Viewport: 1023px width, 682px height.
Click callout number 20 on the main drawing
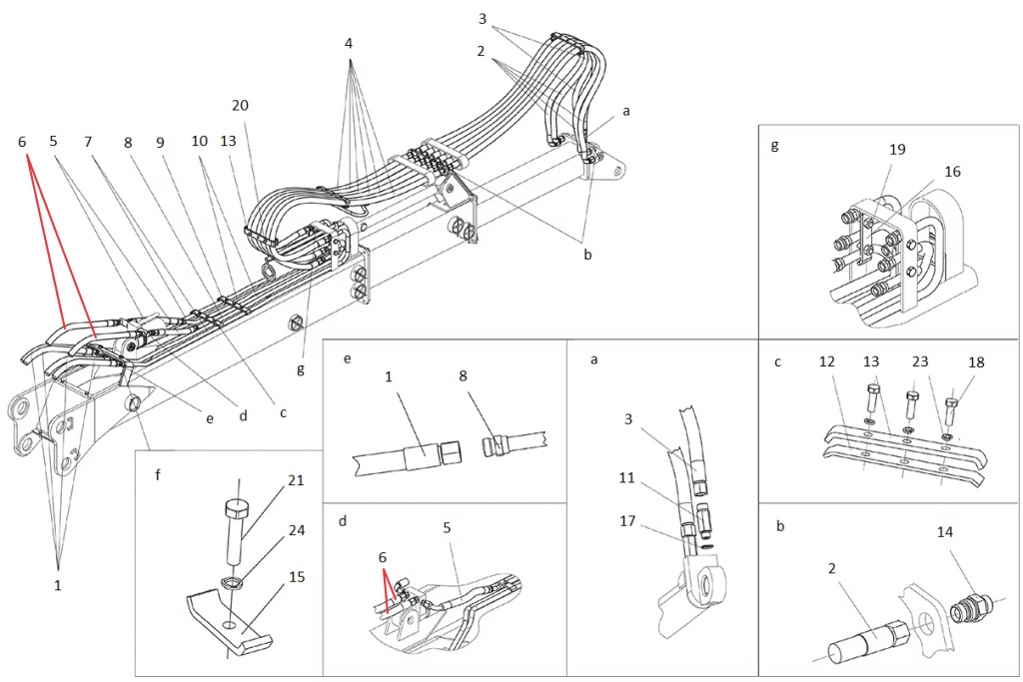point(240,105)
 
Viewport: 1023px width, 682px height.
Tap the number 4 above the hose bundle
point(349,43)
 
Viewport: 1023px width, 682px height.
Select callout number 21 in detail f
point(296,480)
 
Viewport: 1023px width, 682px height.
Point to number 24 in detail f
point(297,530)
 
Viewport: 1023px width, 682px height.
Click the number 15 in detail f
point(297,577)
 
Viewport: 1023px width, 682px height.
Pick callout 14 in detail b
point(945,532)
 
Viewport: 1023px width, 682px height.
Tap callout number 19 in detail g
point(898,150)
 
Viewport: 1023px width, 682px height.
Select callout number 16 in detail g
point(952,172)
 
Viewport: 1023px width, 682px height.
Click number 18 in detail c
point(976,362)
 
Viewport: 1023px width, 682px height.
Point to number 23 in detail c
point(920,361)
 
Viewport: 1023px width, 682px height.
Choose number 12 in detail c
point(826,361)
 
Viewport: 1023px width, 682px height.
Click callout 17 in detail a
point(627,521)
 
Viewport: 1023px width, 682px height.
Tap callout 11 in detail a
point(627,478)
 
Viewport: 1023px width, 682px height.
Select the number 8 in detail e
point(463,376)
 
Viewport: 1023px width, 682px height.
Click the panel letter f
point(158,474)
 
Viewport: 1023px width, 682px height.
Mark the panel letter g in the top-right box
point(774,146)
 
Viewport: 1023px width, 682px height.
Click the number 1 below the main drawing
point(57,585)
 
